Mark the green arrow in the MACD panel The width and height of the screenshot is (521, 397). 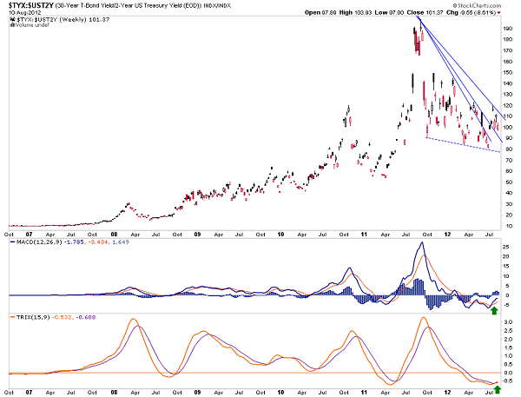click(x=494, y=310)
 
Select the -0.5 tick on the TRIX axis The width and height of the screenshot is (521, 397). click(x=505, y=382)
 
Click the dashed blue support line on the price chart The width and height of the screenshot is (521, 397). click(x=460, y=144)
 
